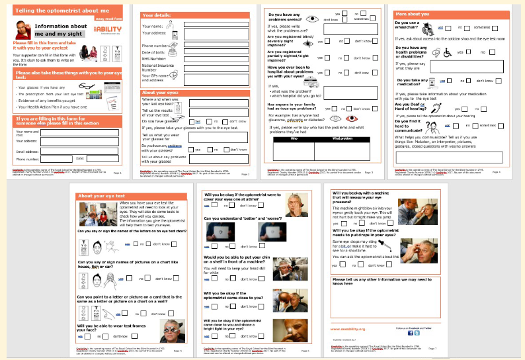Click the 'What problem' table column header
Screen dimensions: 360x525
tap(343, 139)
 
